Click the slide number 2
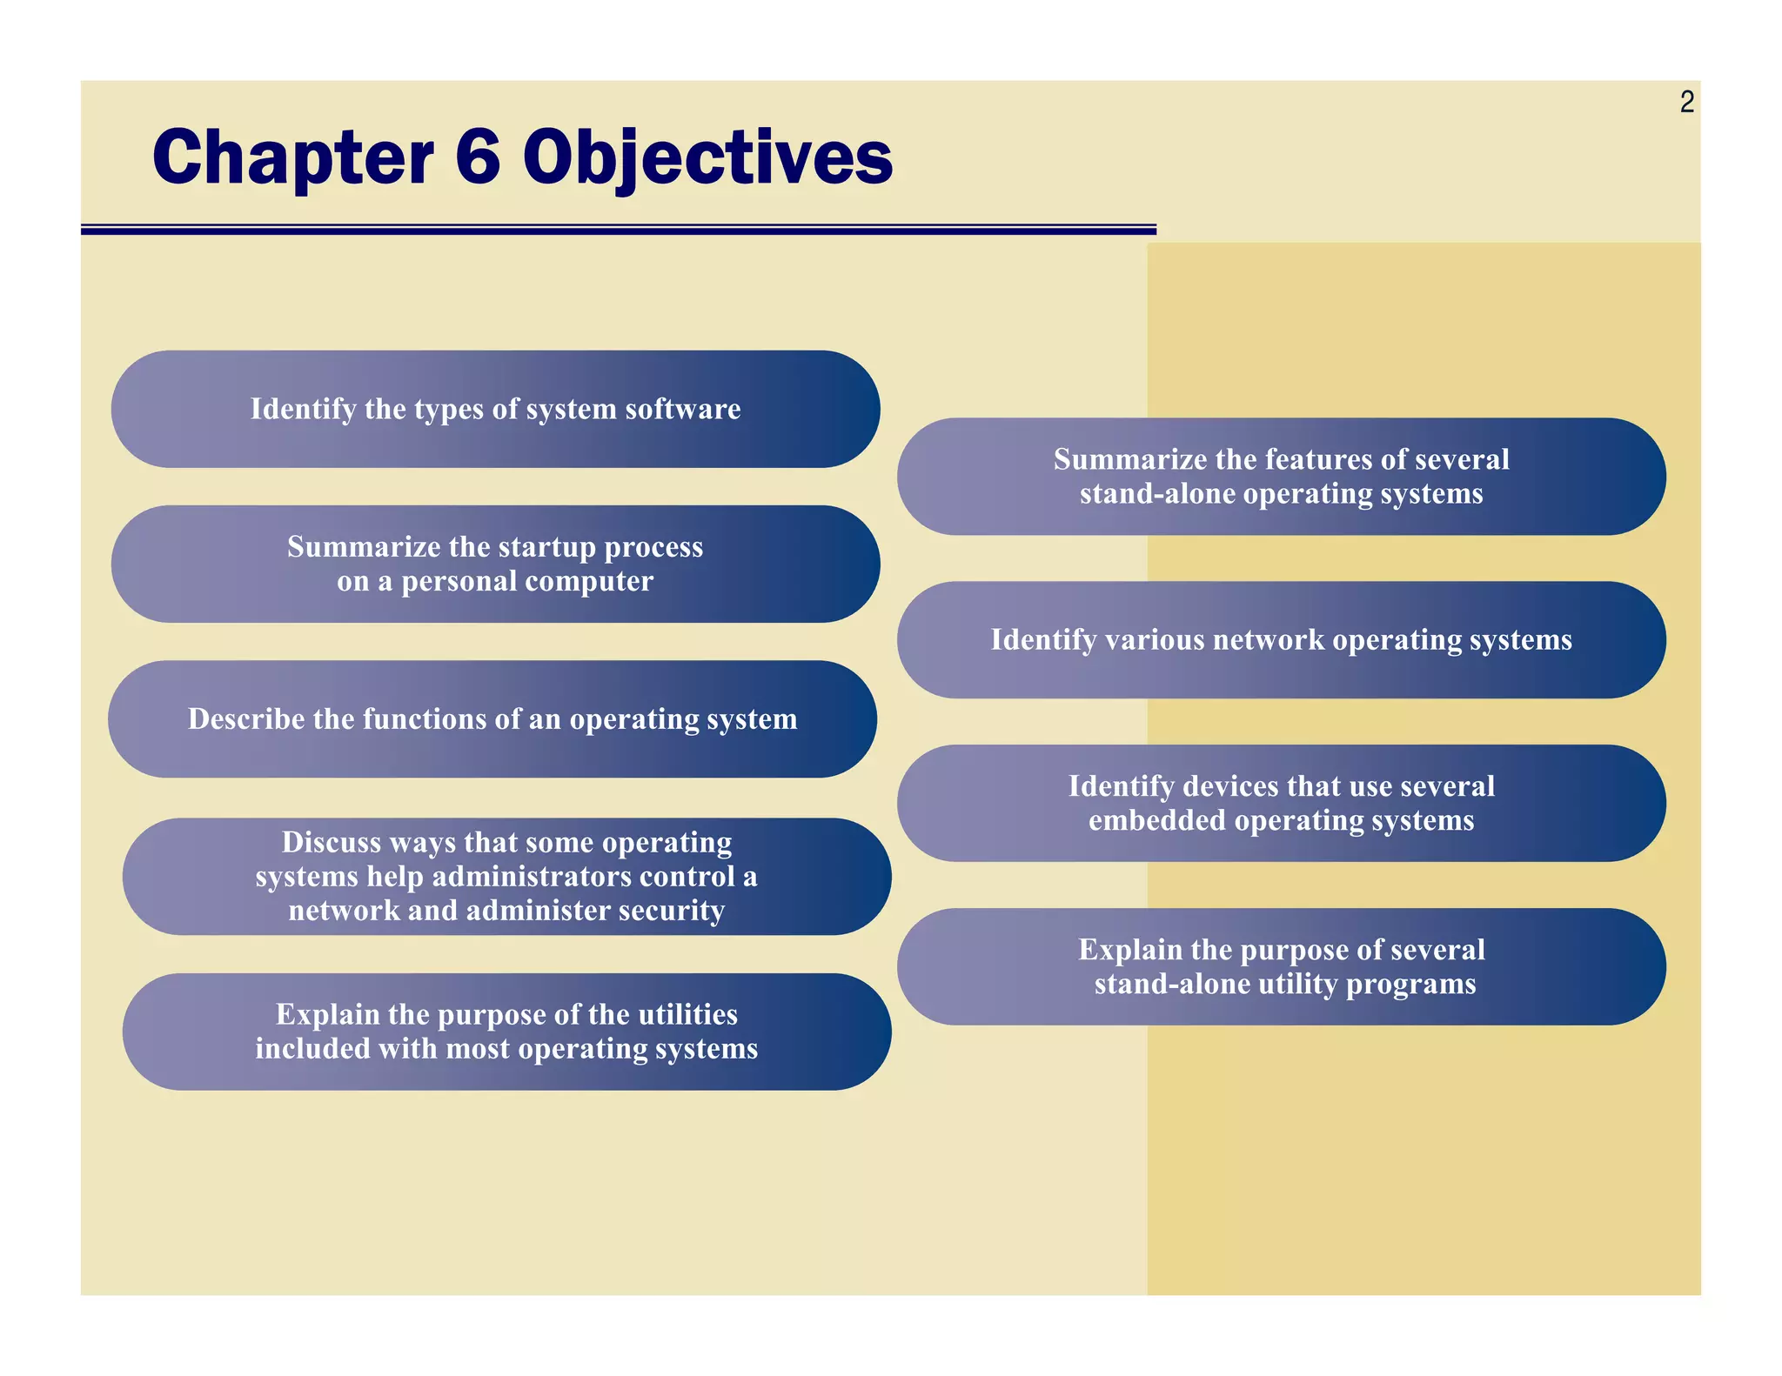click(x=1686, y=103)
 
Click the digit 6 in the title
click(x=478, y=157)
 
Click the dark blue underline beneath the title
click(x=618, y=230)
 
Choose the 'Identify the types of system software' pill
click(x=495, y=409)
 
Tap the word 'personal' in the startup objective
click(x=459, y=581)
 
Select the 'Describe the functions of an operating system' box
click(x=492, y=719)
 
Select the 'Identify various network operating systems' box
click(x=1281, y=640)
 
